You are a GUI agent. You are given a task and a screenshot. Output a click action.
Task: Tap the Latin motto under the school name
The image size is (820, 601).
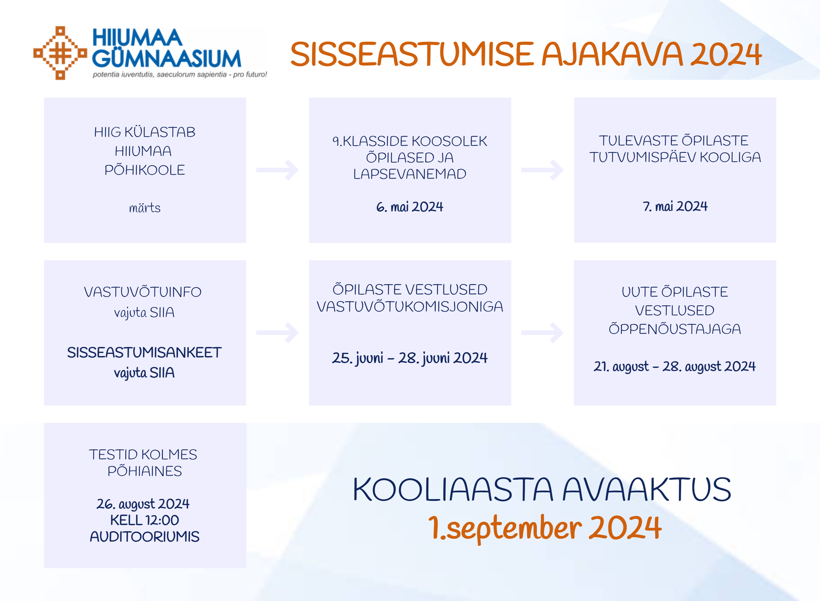[180, 75]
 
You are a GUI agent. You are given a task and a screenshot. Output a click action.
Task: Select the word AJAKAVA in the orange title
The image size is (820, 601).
[612, 54]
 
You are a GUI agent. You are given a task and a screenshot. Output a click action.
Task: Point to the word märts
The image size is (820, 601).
[144, 208]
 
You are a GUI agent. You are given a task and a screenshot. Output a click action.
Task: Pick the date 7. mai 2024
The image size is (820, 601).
[675, 206]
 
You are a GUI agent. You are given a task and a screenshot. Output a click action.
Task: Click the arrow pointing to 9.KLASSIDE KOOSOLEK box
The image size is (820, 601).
[277, 170]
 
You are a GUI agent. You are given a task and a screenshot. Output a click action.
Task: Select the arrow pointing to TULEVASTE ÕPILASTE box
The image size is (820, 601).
[543, 170]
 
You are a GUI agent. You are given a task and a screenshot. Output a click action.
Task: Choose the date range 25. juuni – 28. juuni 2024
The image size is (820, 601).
[410, 358]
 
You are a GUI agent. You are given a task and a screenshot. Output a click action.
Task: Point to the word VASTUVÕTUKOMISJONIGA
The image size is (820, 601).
[410, 306]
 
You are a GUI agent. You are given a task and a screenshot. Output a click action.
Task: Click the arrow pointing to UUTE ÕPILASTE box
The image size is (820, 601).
[543, 332]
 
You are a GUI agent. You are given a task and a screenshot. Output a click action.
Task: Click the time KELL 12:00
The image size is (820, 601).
[144, 520]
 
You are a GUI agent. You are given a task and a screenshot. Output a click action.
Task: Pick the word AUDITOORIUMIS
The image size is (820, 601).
[144, 537]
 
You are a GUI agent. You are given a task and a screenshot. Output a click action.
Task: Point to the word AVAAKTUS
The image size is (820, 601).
[647, 490]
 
